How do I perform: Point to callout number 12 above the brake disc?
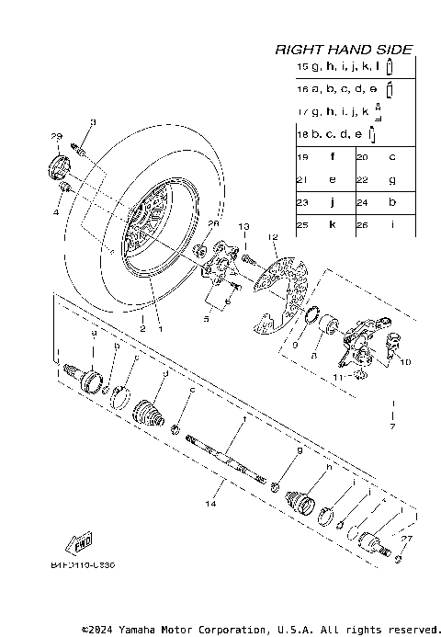(272, 237)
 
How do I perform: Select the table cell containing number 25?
(302, 224)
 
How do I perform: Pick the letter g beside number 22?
(392, 180)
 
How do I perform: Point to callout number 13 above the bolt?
(244, 226)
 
